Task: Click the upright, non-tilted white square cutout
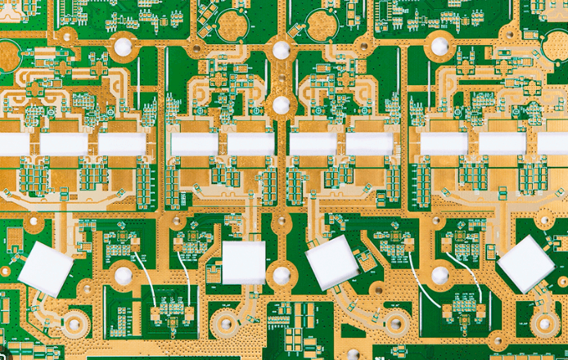244,263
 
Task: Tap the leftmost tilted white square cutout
47,268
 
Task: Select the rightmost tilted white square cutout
526,263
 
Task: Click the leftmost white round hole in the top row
122,47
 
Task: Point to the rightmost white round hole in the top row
440,47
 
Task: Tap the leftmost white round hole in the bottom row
123,276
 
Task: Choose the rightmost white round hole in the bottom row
440,276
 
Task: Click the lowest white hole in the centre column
281,276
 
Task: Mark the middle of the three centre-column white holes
281,105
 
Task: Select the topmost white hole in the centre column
281,50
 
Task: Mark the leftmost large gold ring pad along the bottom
74,324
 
